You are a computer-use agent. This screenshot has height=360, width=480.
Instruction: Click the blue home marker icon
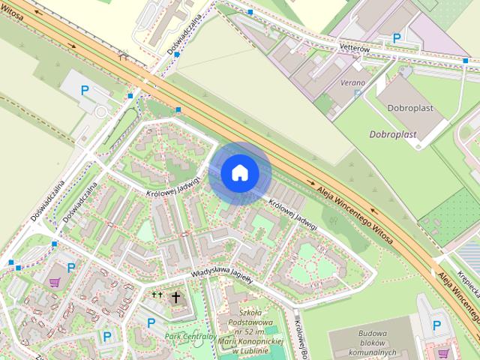[239, 173]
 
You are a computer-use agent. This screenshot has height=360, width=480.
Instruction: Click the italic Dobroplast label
[392, 134]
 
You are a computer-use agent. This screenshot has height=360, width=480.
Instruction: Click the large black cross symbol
[176, 298]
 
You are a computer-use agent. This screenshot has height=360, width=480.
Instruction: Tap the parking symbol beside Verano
[358, 94]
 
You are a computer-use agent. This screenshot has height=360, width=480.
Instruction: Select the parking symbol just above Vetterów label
[397, 36]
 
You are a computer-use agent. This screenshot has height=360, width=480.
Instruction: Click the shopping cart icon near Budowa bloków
[443, 352]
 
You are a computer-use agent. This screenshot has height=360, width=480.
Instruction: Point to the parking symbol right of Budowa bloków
[437, 324]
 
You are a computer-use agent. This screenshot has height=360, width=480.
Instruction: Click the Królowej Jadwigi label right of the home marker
[293, 214]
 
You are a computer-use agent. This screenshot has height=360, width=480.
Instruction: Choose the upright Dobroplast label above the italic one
[410, 108]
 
